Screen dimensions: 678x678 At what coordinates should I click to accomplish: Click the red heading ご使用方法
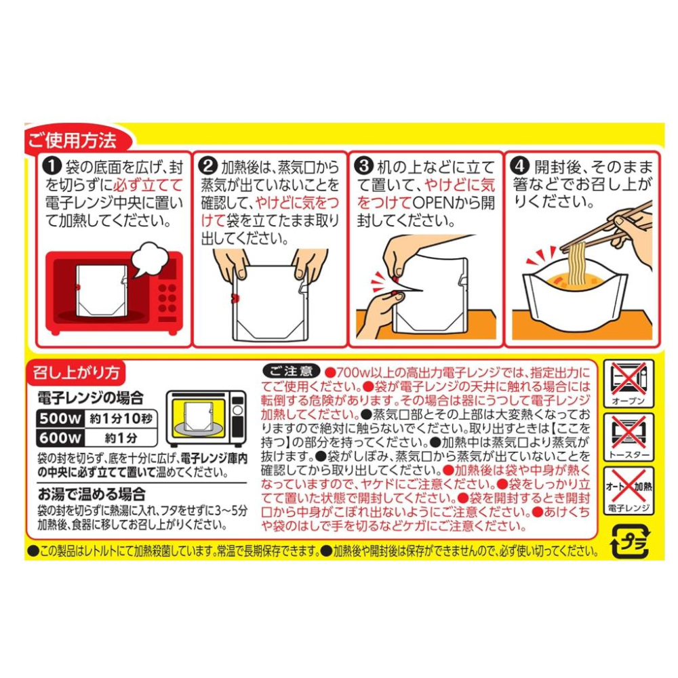[x=73, y=140]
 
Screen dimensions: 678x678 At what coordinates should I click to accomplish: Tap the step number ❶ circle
[x=54, y=167]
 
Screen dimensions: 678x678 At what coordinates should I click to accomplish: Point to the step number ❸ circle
[x=365, y=167]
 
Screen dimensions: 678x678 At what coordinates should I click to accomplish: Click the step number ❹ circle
[x=520, y=167]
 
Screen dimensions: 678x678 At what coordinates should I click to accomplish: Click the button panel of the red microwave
[x=167, y=298]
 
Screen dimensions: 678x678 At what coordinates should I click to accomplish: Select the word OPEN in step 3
[x=436, y=203]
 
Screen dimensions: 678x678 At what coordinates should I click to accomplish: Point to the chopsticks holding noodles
[x=605, y=228]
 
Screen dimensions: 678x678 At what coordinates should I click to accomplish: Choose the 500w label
[x=60, y=418]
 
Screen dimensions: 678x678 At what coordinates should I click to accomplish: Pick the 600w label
[x=60, y=437]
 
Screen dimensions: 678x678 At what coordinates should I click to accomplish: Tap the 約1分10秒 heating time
[x=121, y=418]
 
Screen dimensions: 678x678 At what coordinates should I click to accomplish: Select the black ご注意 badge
[x=291, y=371]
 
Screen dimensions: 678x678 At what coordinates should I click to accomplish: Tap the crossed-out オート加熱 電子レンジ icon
[x=629, y=491]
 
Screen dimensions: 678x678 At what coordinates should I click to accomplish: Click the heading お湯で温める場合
[x=92, y=494]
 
